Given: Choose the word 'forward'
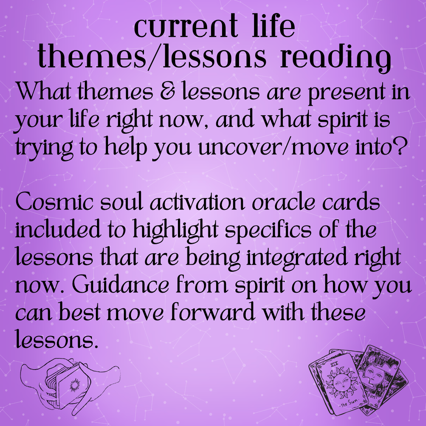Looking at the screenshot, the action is pos(213,312).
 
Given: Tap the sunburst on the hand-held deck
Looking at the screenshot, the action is pos(73,385).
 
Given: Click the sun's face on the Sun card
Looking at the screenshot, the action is pos(340,384).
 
